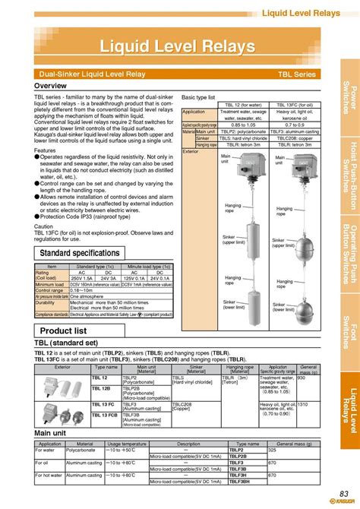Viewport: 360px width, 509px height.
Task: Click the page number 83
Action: click(x=343, y=495)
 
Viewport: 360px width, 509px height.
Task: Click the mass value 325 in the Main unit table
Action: click(x=272, y=451)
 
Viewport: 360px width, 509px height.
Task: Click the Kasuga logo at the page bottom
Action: click(x=344, y=504)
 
